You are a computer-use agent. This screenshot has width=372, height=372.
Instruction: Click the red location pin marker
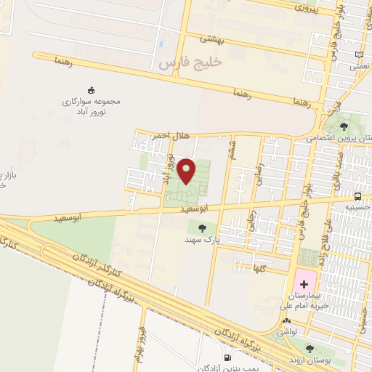click(187, 170)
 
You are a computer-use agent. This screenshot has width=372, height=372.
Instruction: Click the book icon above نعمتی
click(359, 54)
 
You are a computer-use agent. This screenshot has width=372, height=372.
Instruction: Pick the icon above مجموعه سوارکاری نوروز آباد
click(91, 90)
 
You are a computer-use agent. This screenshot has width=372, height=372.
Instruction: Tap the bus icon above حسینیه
click(358, 196)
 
